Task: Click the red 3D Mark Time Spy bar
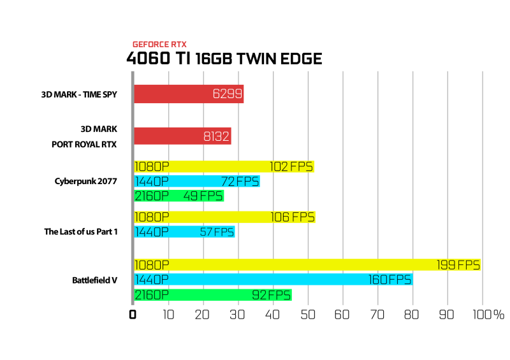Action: coord(189,94)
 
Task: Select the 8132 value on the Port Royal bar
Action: coord(216,136)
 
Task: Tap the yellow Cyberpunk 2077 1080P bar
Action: coord(224,166)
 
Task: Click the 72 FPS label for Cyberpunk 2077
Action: coord(240,182)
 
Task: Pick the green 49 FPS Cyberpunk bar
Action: coord(179,196)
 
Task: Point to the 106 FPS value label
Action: coord(293,217)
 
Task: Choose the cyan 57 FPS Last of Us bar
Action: coord(184,231)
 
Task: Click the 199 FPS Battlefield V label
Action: coord(458,265)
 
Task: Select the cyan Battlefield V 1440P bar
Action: coord(273,279)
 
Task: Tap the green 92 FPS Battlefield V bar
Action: coord(213,295)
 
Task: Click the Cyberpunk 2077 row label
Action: coord(86,182)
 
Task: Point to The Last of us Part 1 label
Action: coord(81,231)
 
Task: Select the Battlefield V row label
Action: coord(94,280)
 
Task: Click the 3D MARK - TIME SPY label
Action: coord(79,94)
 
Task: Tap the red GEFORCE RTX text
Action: coord(159,45)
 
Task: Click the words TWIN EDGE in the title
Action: coord(279,59)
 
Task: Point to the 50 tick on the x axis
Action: coord(308,315)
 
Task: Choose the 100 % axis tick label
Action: coord(488,315)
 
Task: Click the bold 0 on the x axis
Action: coord(133,315)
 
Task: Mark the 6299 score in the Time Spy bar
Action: coord(228,94)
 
